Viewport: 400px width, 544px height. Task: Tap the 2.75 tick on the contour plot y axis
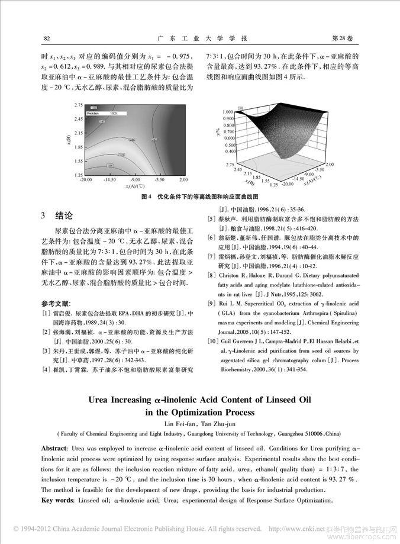78,105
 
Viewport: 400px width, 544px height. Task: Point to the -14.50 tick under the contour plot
109,179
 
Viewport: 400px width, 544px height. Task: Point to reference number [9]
211,304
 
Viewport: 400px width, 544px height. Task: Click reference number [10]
212,342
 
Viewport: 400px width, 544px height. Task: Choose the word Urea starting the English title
102,400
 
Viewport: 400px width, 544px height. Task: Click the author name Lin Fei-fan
179,424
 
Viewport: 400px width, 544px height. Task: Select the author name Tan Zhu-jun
217,424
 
